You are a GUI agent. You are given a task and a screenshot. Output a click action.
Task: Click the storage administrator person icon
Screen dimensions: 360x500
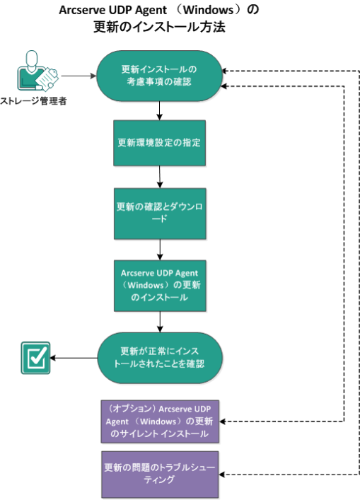coord(37,71)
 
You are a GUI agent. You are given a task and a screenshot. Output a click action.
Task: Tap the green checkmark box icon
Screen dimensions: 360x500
coord(35,358)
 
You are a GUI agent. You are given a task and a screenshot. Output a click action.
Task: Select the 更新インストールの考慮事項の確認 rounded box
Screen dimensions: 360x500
coord(159,76)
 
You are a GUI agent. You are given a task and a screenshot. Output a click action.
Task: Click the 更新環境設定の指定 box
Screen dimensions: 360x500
coord(159,143)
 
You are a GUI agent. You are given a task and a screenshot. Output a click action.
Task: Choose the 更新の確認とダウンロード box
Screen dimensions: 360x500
coord(160,214)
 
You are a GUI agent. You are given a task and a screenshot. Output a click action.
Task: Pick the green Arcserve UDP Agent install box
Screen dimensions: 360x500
coord(160,286)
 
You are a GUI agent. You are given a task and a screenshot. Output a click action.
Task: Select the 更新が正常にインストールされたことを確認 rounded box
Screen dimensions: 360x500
coord(160,358)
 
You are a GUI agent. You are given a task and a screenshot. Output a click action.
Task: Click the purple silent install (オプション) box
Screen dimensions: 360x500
coord(160,421)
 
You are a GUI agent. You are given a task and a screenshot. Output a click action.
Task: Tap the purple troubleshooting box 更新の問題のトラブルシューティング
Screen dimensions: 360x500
coord(160,474)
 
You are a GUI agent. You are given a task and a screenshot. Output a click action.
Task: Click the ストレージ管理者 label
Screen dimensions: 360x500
coord(33,101)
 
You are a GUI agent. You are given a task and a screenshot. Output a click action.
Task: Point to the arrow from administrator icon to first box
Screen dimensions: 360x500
coord(79,76)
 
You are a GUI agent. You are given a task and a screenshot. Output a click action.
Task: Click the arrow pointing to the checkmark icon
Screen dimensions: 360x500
coord(74,358)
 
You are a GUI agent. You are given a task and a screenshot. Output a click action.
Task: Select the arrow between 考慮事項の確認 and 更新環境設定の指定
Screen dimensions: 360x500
coord(159,110)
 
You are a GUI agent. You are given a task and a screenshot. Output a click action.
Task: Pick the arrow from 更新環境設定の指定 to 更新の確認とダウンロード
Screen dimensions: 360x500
coord(160,177)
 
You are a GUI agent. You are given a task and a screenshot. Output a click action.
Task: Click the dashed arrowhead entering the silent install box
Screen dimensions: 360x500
coord(223,421)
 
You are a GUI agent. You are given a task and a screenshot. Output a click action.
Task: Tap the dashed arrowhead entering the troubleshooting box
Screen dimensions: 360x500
coord(222,475)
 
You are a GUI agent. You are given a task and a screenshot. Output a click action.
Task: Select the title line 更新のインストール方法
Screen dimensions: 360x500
coord(159,27)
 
